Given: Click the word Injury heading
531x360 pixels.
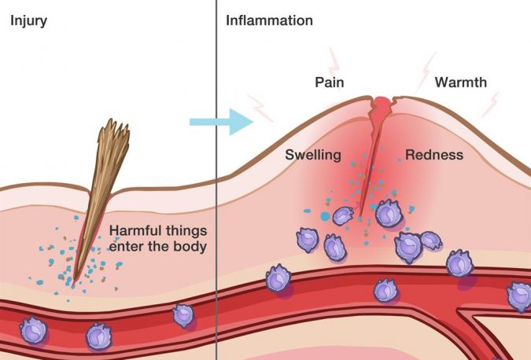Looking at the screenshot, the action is pyautogui.click(x=28, y=21).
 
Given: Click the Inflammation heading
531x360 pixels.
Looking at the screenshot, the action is pyautogui.click(x=269, y=20).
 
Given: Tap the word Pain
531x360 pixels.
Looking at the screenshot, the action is pyautogui.click(x=329, y=82).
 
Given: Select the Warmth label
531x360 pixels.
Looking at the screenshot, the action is pyautogui.click(x=460, y=82).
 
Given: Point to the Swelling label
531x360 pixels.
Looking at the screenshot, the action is pyautogui.click(x=313, y=155).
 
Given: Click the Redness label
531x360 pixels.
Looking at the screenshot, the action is pyautogui.click(x=434, y=155).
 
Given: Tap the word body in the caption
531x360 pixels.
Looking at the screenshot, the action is pyautogui.click(x=190, y=246).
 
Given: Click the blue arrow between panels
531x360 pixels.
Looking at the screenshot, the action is pyautogui.click(x=221, y=122).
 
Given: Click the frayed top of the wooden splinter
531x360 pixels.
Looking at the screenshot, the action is pyautogui.click(x=114, y=130).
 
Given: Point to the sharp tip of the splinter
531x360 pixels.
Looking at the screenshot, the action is pyautogui.click(x=74, y=280).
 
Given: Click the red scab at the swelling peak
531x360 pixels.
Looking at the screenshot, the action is pyautogui.click(x=382, y=104).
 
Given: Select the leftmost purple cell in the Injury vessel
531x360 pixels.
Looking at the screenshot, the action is pyautogui.click(x=33, y=330).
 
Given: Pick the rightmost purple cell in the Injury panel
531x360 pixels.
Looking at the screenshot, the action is pyautogui.click(x=183, y=316).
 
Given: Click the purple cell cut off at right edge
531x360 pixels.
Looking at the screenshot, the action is pyautogui.click(x=519, y=297).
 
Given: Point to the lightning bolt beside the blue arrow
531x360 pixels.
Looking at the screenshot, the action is pyautogui.click(x=261, y=108).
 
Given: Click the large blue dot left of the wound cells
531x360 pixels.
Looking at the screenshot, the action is pyautogui.click(x=325, y=216).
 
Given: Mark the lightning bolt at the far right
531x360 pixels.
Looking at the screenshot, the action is pyautogui.click(x=490, y=105).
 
